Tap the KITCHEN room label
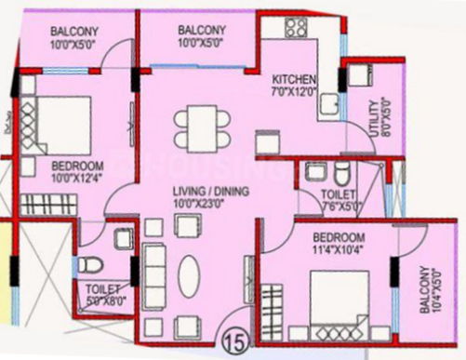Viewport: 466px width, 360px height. tap(293, 79)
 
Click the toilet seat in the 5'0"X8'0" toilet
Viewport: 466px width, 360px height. tap(86, 263)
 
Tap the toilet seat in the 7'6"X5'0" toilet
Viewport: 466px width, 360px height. tap(341, 174)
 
